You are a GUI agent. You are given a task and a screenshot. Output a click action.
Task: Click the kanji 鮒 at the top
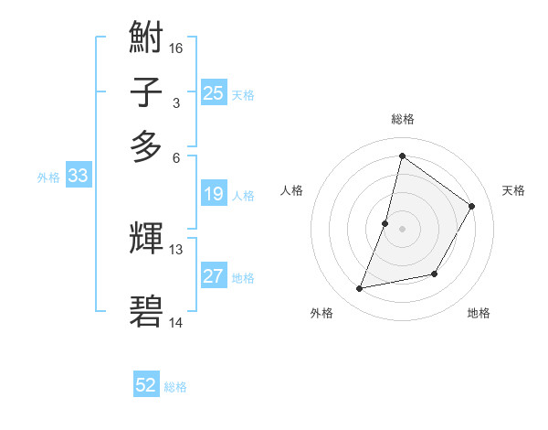pyautogui.click(x=146, y=39)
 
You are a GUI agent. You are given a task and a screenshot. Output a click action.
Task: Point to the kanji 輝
pyautogui.click(x=146, y=240)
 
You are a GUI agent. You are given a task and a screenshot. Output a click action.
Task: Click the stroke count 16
pyautogui.click(x=176, y=48)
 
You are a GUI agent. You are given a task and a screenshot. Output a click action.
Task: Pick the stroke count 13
pyautogui.click(x=176, y=249)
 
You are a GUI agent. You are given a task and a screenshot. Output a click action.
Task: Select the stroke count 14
pyautogui.click(x=176, y=322)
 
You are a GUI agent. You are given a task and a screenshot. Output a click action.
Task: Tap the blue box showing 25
pyautogui.click(x=213, y=93)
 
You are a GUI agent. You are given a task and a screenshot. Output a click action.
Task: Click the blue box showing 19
pyautogui.click(x=213, y=194)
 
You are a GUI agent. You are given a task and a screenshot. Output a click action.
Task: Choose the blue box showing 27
pyautogui.click(x=213, y=276)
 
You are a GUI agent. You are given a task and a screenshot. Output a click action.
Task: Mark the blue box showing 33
pyautogui.click(x=77, y=177)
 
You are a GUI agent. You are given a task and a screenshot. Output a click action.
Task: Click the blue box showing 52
pyautogui.click(x=146, y=386)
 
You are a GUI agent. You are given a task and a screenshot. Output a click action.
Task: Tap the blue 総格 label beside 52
pyautogui.click(x=175, y=387)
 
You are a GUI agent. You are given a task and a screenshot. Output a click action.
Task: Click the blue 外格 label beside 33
pyautogui.click(x=48, y=177)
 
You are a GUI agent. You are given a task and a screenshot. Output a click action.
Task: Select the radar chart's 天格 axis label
pyautogui.click(x=513, y=190)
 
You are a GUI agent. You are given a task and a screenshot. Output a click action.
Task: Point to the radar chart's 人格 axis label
pyautogui.click(x=292, y=190)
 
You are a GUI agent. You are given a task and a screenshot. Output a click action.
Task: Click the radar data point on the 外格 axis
pyautogui.click(x=360, y=289)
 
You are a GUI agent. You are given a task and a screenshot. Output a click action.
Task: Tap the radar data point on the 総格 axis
pyautogui.click(x=402, y=156)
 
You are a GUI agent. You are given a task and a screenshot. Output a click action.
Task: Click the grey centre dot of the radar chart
pyautogui.click(x=402, y=228)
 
